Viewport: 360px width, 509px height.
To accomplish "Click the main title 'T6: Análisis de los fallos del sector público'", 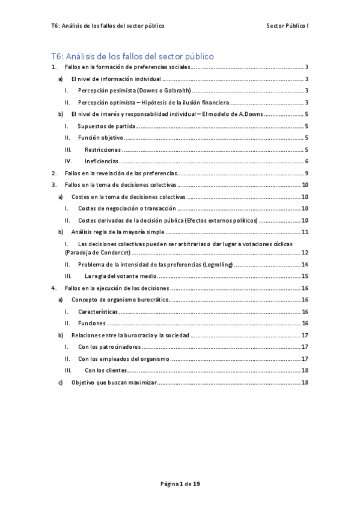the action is [132, 56].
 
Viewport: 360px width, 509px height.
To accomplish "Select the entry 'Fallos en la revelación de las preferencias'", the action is [121, 173].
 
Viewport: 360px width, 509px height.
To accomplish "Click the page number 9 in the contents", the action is [307, 173].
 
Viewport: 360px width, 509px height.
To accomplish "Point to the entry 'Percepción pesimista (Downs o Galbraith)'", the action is [134, 91].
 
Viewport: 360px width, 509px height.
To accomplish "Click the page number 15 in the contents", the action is [305, 276].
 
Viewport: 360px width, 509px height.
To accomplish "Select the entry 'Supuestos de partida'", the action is [106, 126].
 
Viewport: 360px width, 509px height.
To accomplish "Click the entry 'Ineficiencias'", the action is [102, 161].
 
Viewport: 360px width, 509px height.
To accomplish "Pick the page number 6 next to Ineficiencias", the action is [307, 161].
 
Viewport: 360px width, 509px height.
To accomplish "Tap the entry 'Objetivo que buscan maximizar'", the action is [113, 382].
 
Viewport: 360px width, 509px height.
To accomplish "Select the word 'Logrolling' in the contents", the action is [213, 265].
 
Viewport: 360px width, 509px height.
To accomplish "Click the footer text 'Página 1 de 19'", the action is [180, 483].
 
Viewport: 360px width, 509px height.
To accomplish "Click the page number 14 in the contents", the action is [305, 265].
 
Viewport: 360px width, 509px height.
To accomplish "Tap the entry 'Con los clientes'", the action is [105, 370].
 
